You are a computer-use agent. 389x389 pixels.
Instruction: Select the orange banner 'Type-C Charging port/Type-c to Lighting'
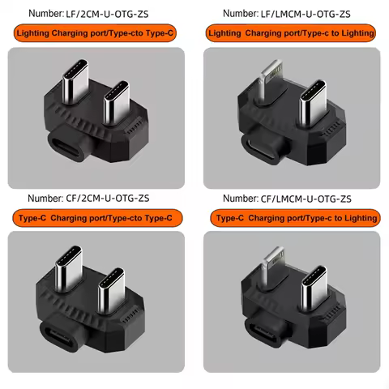(294, 218)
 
